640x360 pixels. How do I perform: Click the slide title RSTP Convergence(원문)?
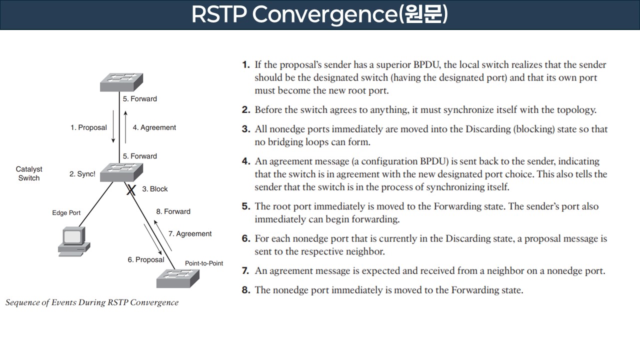point(319,15)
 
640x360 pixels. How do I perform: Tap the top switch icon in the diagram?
point(121,82)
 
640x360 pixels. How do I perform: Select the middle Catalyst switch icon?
point(121,172)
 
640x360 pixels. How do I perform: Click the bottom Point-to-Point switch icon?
point(177,278)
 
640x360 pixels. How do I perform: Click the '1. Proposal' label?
point(88,127)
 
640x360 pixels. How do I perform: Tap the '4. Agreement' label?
point(154,127)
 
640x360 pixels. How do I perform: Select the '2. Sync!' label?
point(82,174)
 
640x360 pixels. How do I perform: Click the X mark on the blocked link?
point(131,189)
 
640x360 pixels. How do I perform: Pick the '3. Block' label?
point(155,189)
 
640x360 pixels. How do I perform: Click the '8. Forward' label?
point(173,211)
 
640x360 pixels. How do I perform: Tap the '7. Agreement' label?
point(190,233)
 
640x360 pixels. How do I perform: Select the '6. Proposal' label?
point(145,259)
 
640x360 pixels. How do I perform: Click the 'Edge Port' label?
point(66,213)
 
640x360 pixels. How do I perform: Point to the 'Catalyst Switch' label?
point(29,174)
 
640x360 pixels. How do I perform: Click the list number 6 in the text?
point(245,238)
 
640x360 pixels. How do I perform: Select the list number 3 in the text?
point(245,129)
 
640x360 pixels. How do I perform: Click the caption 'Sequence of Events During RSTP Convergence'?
point(92,302)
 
